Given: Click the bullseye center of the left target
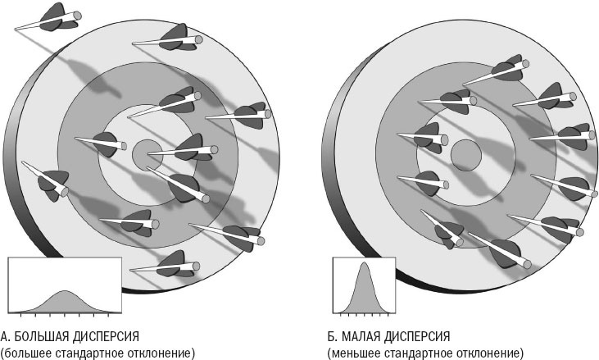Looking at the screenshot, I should point(147,153).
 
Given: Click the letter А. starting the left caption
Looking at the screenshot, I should point(5,336).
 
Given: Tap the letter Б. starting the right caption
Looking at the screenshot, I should point(332,336).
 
